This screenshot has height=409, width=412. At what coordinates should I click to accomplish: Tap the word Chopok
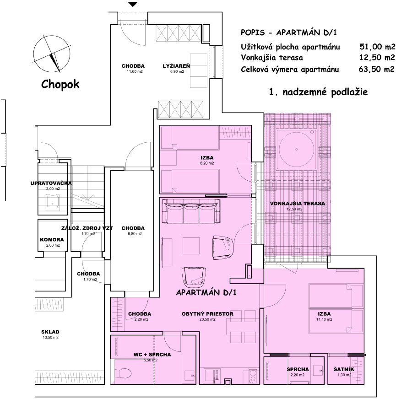[x=60, y=84]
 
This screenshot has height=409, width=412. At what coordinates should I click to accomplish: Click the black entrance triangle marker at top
[x=133, y=5]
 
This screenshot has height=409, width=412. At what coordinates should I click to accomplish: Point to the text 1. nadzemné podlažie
[x=319, y=92]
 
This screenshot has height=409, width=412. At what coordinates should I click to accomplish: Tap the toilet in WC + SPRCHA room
[x=123, y=374]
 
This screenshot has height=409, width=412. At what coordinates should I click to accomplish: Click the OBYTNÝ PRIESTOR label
[x=207, y=314]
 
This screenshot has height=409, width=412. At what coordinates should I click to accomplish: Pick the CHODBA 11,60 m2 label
[x=133, y=65]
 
